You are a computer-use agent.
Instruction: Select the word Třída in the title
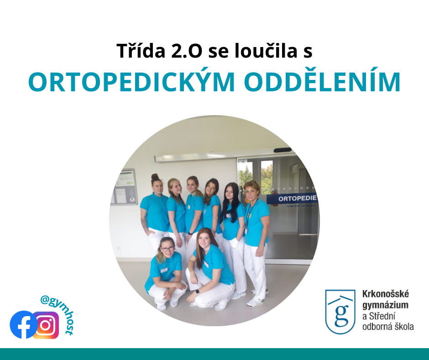click(141, 51)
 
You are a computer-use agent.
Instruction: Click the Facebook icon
click(24, 325)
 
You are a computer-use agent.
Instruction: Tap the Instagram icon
click(46, 325)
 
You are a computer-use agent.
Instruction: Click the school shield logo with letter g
click(340, 312)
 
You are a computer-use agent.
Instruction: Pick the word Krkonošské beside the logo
click(386, 294)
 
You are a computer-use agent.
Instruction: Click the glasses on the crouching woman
click(167, 249)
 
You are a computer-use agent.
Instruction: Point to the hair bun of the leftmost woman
click(155, 176)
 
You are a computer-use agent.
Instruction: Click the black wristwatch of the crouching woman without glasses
click(197, 291)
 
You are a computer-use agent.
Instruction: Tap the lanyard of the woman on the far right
click(251, 212)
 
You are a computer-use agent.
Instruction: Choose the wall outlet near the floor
click(119, 249)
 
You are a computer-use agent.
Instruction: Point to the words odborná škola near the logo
click(388, 327)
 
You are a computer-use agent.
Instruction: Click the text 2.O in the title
click(187, 51)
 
